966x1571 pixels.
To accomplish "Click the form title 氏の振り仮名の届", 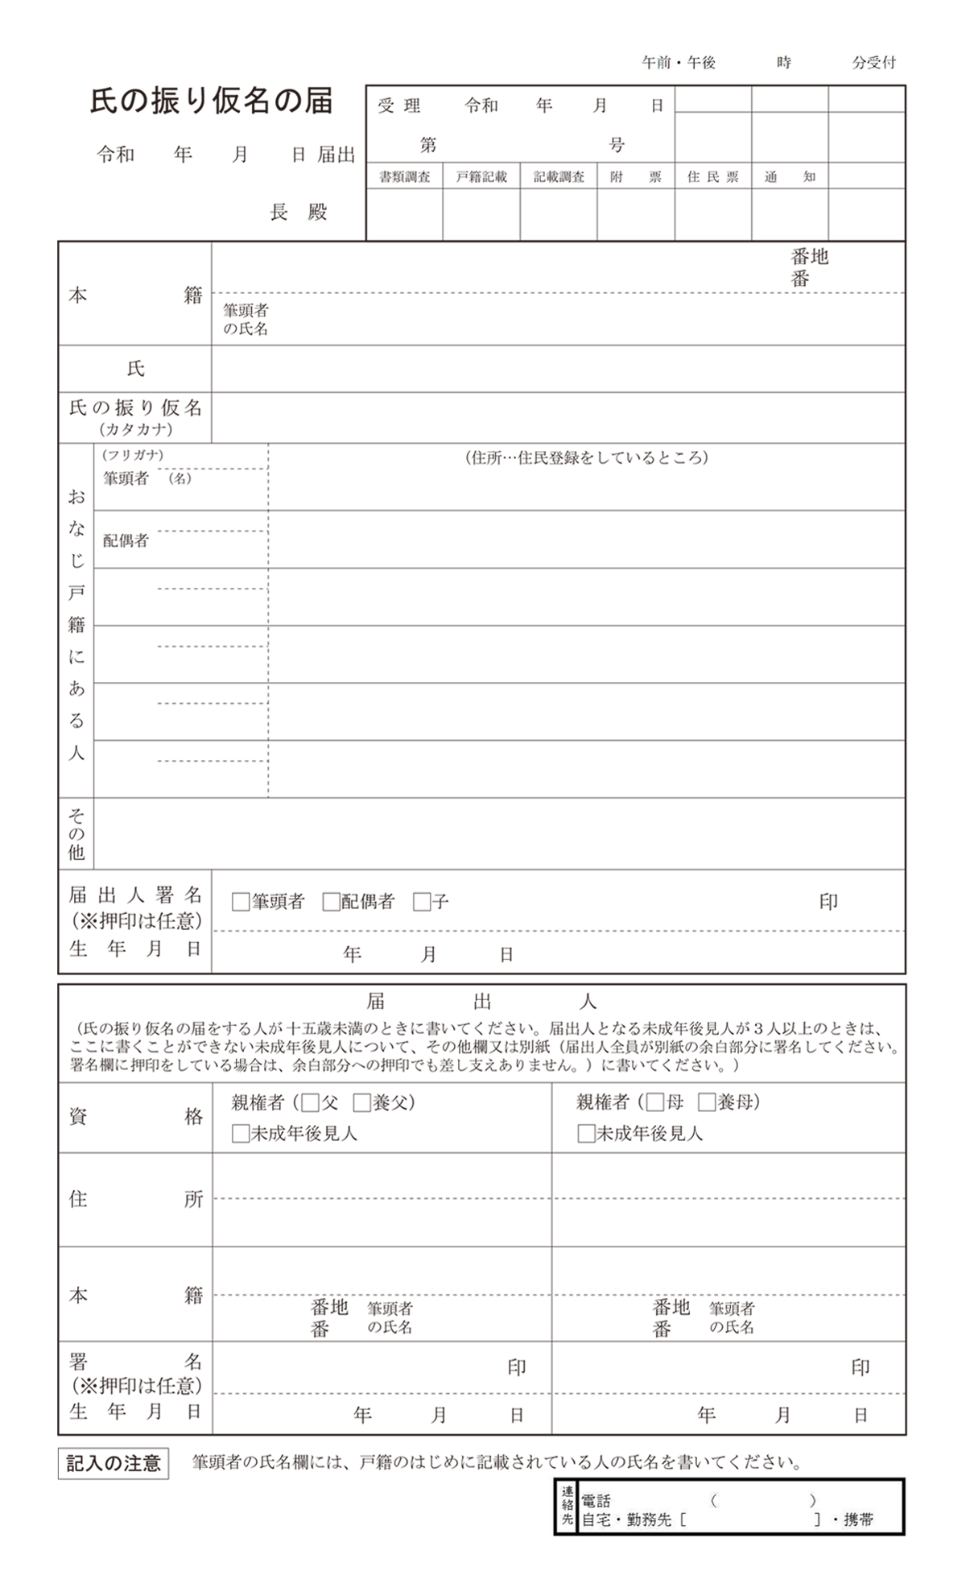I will pos(211,101).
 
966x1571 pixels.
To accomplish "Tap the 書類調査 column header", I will pos(404,177).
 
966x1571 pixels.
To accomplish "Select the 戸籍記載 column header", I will pos(481,177).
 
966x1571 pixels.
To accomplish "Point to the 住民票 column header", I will pos(712,177).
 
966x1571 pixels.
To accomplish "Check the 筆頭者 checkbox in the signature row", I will pos(240,902).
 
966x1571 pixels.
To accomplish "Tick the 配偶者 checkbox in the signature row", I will pos(331,902).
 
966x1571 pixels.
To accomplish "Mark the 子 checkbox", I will pos(422,902).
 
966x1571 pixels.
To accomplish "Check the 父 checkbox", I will pos(311,1102).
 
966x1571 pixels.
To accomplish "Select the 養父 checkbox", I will pos(361,1102).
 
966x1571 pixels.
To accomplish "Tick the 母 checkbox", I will pos(655,1102).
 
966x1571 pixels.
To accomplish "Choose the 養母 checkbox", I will pos(707,1102).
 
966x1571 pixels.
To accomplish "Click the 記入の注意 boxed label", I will pos(114,1464).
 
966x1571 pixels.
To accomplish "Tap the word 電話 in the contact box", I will pos(596,1501).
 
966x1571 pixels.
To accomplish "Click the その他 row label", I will pos(76,833).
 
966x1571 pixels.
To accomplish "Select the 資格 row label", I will pos(135,1117).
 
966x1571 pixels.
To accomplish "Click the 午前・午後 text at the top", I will pos(678,63).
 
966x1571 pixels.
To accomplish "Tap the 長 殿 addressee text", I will pos(299,213).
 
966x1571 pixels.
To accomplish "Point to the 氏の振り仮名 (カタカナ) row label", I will pos(135,417).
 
